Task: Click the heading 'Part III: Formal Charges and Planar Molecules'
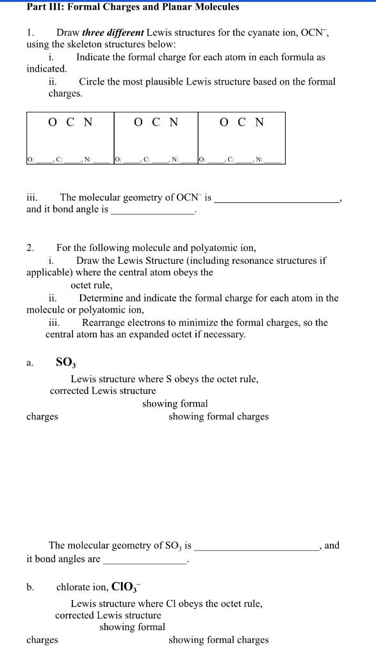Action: pos(133,7)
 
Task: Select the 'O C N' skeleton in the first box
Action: pos(70,122)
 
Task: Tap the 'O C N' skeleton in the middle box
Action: pos(156,122)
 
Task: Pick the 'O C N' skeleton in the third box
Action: pos(241,122)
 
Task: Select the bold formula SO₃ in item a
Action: pos(66,363)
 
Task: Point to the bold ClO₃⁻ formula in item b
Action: pos(129,587)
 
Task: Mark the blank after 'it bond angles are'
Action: pos(145,560)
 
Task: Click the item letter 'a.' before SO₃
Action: pos(30,364)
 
